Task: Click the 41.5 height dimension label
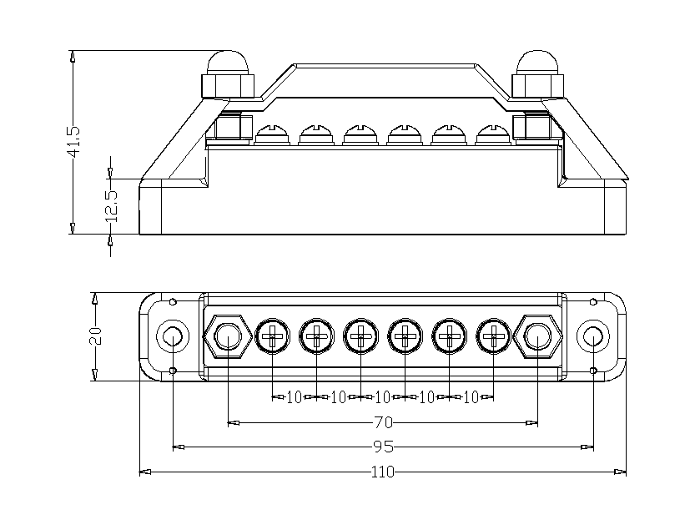coord(73,142)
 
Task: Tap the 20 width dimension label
coord(95,336)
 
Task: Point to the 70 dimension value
coord(383,423)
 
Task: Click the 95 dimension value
coord(383,447)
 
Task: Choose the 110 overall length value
coord(383,472)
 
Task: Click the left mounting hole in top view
coord(172,336)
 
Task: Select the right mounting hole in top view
coord(592,336)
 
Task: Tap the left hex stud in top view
coord(228,336)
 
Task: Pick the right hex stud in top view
coord(537,336)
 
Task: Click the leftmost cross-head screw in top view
coord(272,336)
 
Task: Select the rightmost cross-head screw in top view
coord(493,336)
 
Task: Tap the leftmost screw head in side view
coord(272,134)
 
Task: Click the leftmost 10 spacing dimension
coord(294,397)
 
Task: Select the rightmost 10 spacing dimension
coord(471,397)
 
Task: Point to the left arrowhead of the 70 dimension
coord(233,423)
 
